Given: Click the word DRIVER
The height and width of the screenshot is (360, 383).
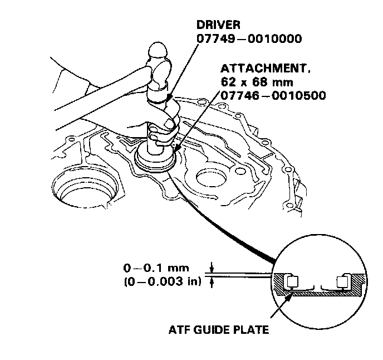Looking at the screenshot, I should (x=218, y=26).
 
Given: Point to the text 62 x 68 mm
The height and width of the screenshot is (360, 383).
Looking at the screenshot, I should (x=248, y=82).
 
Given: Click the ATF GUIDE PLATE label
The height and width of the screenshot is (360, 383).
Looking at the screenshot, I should (x=219, y=329).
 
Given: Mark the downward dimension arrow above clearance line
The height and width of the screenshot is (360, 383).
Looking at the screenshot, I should (x=212, y=269).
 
